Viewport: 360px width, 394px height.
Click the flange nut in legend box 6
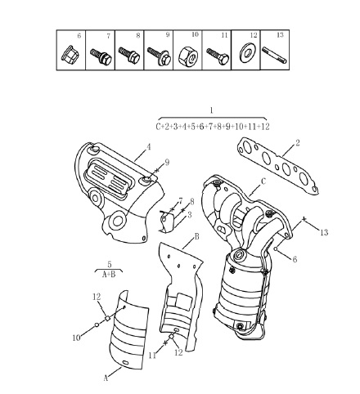click(x=68, y=54)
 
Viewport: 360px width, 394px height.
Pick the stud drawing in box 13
click(x=274, y=55)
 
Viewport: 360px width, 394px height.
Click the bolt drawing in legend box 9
click(x=159, y=56)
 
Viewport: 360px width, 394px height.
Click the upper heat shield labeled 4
click(x=119, y=192)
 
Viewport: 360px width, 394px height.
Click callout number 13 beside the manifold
click(x=324, y=232)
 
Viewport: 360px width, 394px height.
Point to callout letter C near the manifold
click(x=263, y=181)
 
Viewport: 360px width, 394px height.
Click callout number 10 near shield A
click(x=77, y=338)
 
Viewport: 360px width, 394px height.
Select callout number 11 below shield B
click(x=153, y=356)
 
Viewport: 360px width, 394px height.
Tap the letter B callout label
click(x=196, y=236)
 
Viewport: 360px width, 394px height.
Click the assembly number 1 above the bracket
click(x=212, y=110)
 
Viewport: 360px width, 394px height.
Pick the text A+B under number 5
click(x=109, y=274)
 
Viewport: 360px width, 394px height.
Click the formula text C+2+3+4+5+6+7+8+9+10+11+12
click(x=213, y=127)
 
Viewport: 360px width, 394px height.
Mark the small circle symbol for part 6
click(x=276, y=248)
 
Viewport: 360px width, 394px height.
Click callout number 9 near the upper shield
click(x=167, y=163)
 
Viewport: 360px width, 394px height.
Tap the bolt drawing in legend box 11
click(x=218, y=56)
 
